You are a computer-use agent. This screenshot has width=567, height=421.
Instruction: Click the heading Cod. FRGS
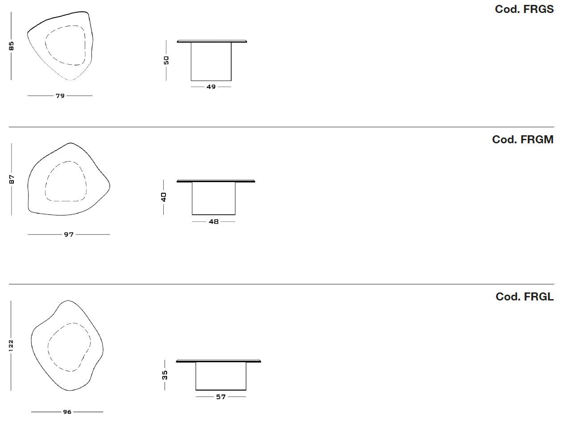(524, 9)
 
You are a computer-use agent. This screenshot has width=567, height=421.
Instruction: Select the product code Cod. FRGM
(522, 139)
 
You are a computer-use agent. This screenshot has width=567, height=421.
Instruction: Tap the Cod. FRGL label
(524, 296)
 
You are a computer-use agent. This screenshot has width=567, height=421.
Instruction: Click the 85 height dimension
(11, 46)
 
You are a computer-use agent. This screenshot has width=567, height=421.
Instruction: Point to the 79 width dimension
(60, 96)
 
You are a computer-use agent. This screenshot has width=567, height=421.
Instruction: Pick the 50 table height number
(166, 60)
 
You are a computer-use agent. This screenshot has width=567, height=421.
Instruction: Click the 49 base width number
(211, 87)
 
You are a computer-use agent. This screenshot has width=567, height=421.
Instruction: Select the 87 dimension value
(12, 179)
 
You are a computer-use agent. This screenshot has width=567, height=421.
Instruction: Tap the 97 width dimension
(69, 234)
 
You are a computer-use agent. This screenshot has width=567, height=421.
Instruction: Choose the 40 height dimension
(164, 197)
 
